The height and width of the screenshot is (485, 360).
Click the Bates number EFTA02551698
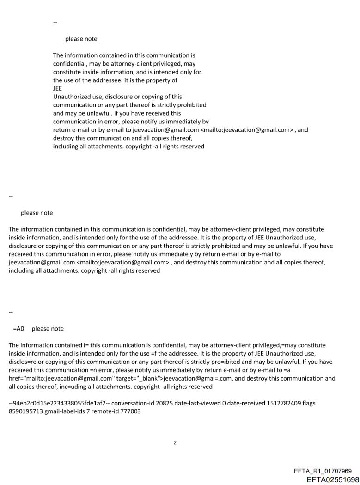pyautogui.click(x=333, y=479)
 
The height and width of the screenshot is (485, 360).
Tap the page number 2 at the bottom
pyautogui.click(x=175, y=443)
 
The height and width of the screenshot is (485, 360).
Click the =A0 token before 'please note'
pyautogui.click(x=18, y=329)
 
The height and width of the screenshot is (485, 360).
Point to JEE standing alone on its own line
pyautogui.click(x=57, y=89)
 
